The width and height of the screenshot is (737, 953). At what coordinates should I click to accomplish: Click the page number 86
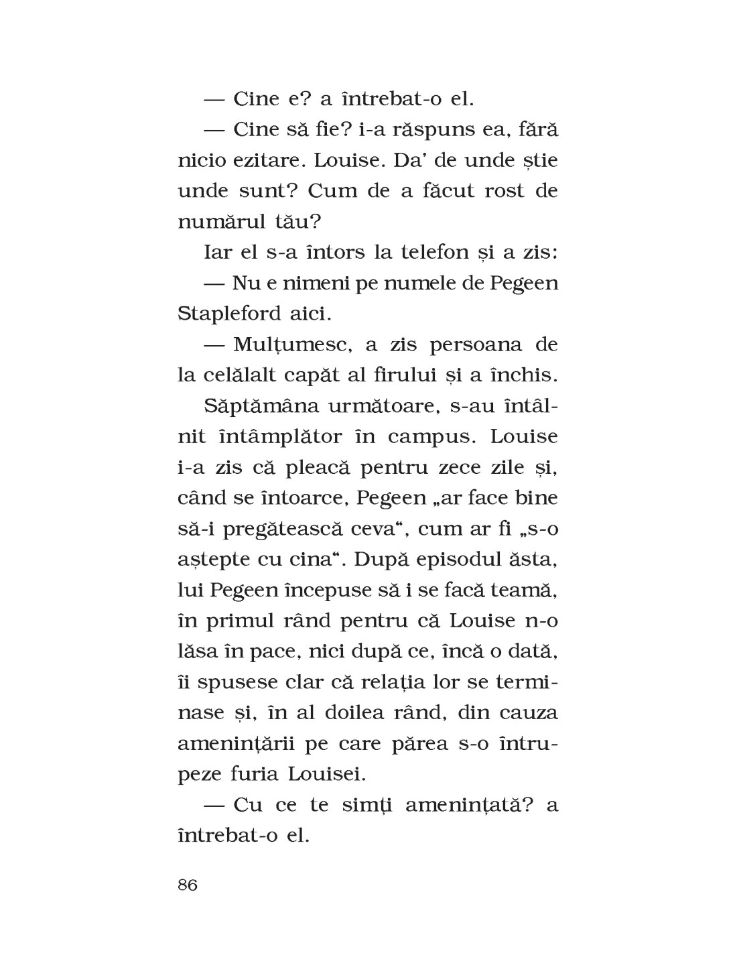(x=188, y=885)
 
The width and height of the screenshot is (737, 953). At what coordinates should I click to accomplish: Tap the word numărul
(x=220, y=221)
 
